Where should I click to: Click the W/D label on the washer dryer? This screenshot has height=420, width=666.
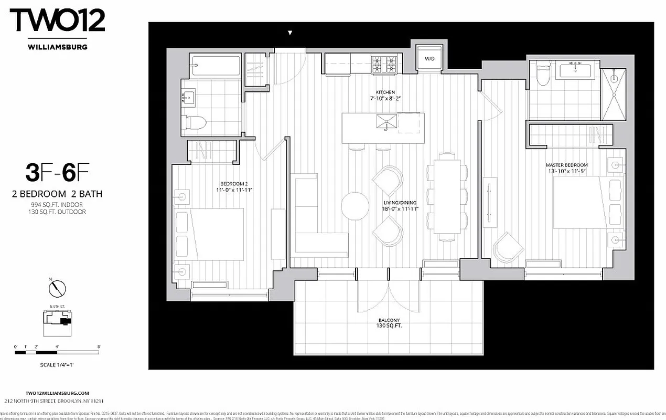(x=428, y=58)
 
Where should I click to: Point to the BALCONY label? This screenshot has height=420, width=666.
(x=389, y=320)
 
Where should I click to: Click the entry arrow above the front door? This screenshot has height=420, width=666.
(x=290, y=33)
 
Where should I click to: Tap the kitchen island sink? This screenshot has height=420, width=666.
(x=386, y=122)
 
